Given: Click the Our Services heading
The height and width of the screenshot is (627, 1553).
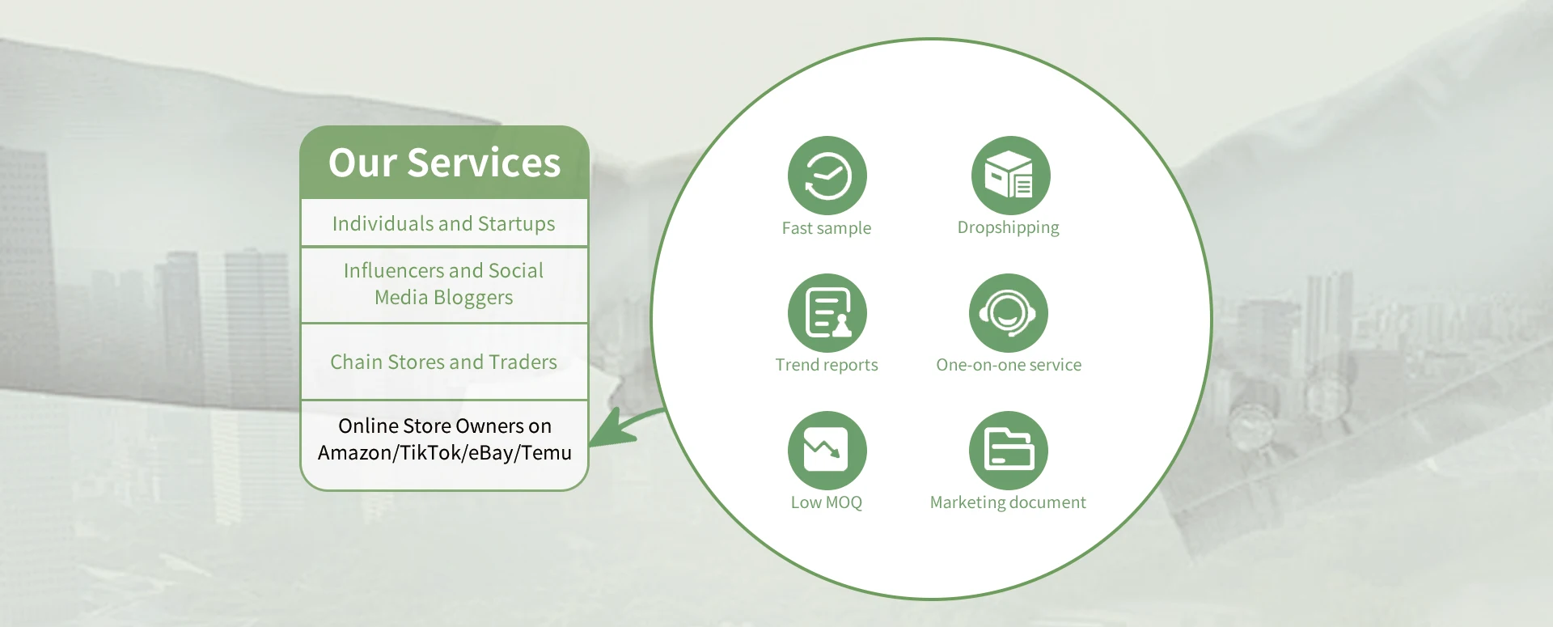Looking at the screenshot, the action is click(x=444, y=163).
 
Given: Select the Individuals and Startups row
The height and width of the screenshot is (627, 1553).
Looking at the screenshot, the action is click(x=444, y=223).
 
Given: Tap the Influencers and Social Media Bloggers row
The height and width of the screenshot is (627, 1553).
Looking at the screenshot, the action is click(x=444, y=284).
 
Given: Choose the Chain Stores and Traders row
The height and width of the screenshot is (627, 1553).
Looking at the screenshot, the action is click(x=444, y=362).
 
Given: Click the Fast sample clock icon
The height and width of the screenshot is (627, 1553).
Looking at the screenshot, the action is click(x=827, y=176).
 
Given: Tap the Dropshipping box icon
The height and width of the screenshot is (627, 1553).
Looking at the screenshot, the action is click(x=1011, y=176).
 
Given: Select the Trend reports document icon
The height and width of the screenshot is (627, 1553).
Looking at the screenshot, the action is click(x=827, y=313).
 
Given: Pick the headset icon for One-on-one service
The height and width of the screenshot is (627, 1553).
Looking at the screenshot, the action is click(x=1009, y=313).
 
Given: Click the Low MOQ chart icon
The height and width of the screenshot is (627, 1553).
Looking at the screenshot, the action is click(x=827, y=451).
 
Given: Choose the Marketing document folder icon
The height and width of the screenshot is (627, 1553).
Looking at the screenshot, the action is click(x=1009, y=451).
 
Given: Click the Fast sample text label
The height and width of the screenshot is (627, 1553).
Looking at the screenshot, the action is click(x=827, y=228).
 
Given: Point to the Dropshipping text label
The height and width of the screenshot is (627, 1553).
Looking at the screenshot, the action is click(x=1009, y=228).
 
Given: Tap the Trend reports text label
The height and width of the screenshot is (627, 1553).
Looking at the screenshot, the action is click(x=827, y=365).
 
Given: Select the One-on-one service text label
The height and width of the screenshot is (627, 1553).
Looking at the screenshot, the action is click(x=1009, y=365).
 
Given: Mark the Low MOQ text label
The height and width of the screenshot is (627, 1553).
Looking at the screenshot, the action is click(x=827, y=502).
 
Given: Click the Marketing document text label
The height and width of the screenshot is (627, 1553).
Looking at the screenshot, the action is click(x=1008, y=502).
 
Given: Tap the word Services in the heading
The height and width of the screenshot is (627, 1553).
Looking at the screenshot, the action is click(x=484, y=163).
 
